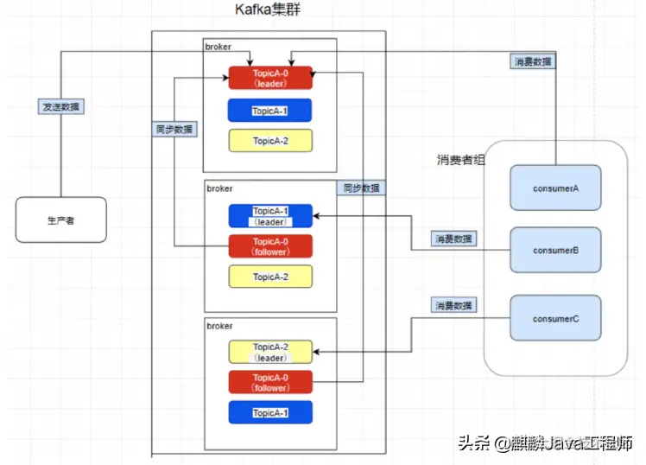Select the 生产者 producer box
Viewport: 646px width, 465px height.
[60, 220]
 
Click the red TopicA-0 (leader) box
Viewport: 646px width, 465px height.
[270, 78]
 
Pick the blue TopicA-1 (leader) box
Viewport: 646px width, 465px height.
[270, 216]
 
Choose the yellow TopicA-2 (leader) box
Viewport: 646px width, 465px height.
[270, 352]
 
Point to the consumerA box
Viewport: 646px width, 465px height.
[555, 188]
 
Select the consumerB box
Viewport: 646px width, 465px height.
[555, 251]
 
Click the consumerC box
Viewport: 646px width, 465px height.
[555, 318]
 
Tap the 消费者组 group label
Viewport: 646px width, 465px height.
[461, 161]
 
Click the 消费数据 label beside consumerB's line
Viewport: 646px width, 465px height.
[454, 238]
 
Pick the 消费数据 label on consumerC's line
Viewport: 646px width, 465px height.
[454, 305]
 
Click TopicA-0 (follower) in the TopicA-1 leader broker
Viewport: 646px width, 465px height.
[270, 246]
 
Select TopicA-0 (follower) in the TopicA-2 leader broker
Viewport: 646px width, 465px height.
[270, 382]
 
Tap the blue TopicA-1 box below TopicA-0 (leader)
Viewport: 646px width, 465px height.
[270, 111]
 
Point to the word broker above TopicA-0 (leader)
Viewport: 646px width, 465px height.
[218, 47]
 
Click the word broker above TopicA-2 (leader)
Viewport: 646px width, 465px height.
[219, 325]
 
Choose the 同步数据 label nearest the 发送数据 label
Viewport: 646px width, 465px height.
[173, 129]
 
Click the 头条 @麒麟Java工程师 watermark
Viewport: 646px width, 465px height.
[547, 443]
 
